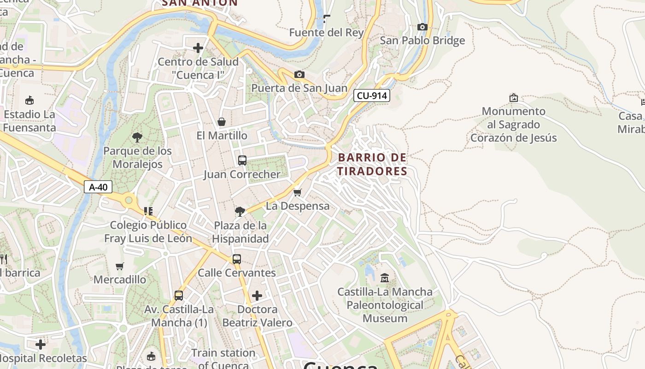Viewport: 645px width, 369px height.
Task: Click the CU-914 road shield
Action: tap(372, 96)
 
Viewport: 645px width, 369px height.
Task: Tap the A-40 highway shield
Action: tap(98, 187)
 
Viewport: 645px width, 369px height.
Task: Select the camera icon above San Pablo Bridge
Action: tap(422, 27)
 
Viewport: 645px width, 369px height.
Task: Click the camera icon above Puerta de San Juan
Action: tap(299, 74)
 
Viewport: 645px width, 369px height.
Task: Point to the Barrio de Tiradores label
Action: tap(372, 164)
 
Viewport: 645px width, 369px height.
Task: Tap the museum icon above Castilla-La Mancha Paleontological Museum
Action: tap(385, 278)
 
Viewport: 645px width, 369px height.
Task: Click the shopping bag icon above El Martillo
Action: tap(222, 122)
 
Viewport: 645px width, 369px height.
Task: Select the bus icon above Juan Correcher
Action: tap(242, 161)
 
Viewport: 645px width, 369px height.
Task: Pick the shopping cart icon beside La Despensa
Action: tap(298, 192)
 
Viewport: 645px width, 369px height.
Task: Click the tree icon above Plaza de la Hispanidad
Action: tap(240, 212)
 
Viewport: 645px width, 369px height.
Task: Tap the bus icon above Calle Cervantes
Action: tap(236, 259)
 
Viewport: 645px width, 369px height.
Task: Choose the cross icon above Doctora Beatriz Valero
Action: tap(257, 296)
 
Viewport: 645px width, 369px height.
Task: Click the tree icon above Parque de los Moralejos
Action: tap(137, 137)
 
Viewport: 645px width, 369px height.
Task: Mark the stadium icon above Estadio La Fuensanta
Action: tap(29, 100)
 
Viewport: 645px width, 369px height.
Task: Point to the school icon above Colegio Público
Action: tap(148, 211)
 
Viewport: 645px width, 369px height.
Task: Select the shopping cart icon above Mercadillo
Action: tap(120, 266)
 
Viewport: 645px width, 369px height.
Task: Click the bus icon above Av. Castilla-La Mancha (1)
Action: tap(179, 296)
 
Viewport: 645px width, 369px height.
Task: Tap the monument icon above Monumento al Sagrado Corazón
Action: tap(513, 98)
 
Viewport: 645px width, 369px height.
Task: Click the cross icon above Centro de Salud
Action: tap(198, 48)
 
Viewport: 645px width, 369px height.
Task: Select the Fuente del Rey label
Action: tap(326, 33)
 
